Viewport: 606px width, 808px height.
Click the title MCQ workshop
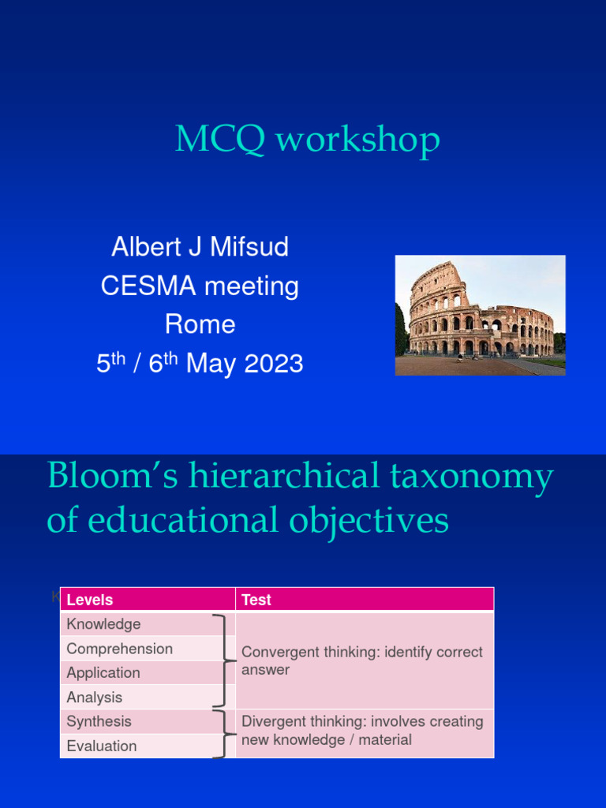[x=307, y=140]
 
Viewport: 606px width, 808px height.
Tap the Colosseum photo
[x=480, y=315]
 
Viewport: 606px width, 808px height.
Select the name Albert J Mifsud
[x=200, y=247]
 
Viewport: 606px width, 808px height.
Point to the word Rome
[x=200, y=324]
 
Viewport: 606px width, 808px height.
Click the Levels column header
[x=90, y=600]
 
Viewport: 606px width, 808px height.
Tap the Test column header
[x=256, y=600]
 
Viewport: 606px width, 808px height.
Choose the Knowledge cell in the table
[x=103, y=624]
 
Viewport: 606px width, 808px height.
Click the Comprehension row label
[x=119, y=649]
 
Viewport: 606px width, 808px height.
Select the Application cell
[x=103, y=673]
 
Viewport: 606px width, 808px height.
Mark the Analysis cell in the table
[x=95, y=698]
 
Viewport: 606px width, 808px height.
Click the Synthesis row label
[x=99, y=721]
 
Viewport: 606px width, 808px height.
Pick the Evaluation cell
[x=102, y=746]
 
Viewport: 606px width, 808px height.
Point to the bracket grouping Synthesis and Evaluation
[x=223, y=734]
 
